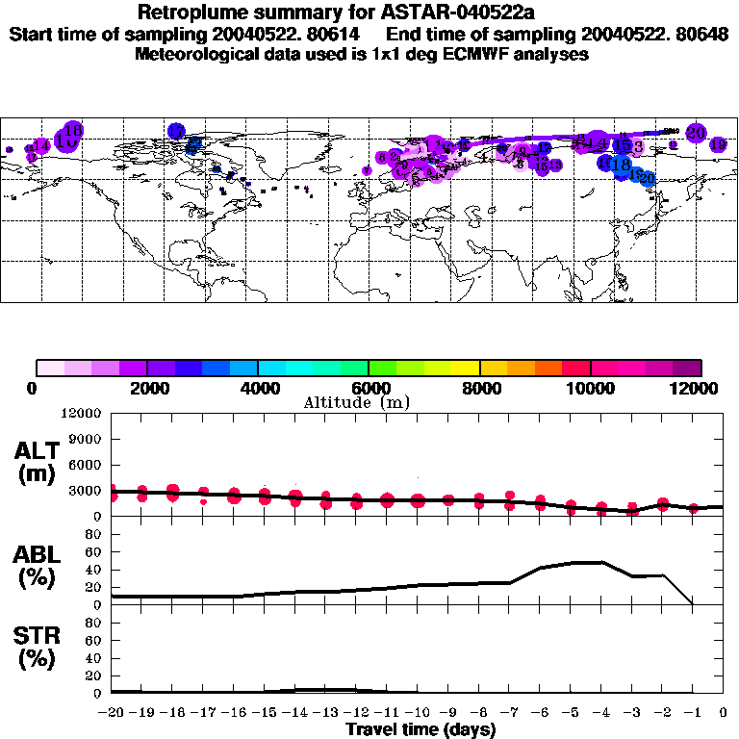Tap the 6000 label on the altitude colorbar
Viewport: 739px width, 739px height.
click(369, 388)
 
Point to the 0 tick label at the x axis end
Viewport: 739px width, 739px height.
click(724, 713)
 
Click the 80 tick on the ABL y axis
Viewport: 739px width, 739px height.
click(93, 535)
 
